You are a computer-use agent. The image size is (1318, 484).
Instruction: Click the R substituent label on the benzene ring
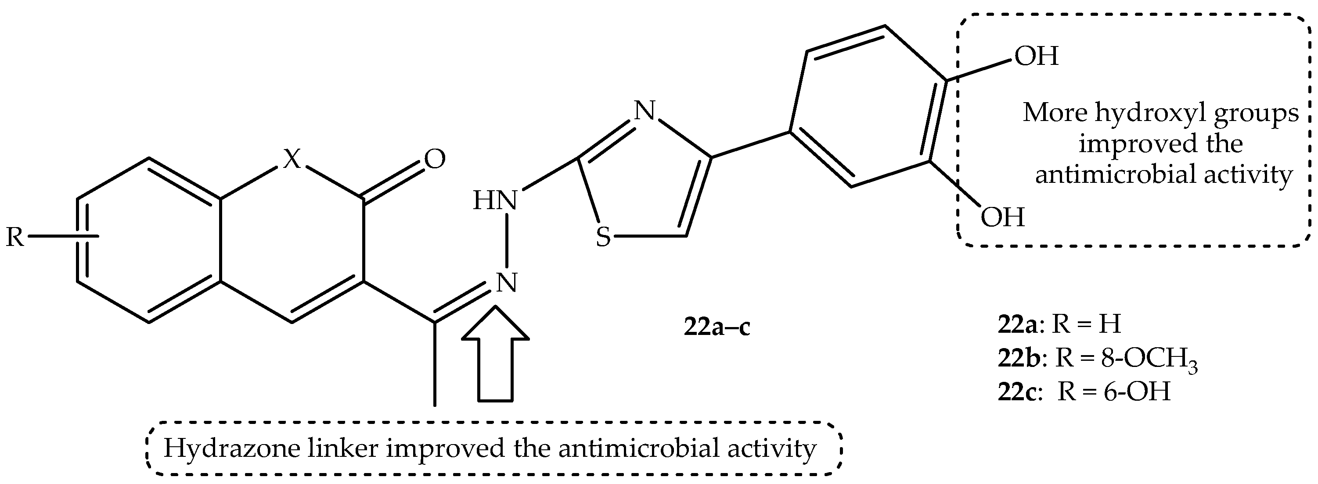point(15,237)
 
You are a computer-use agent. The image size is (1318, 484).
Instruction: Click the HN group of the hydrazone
point(495,200)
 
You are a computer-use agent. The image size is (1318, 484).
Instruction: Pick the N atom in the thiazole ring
point(645,110)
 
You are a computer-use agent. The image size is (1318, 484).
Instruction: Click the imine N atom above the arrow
point(507,282)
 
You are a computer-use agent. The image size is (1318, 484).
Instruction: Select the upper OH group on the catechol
point(1037,56)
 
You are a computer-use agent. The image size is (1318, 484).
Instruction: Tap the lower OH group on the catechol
point(1003,217)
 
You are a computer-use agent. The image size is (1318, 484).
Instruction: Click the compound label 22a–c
point(717,327)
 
